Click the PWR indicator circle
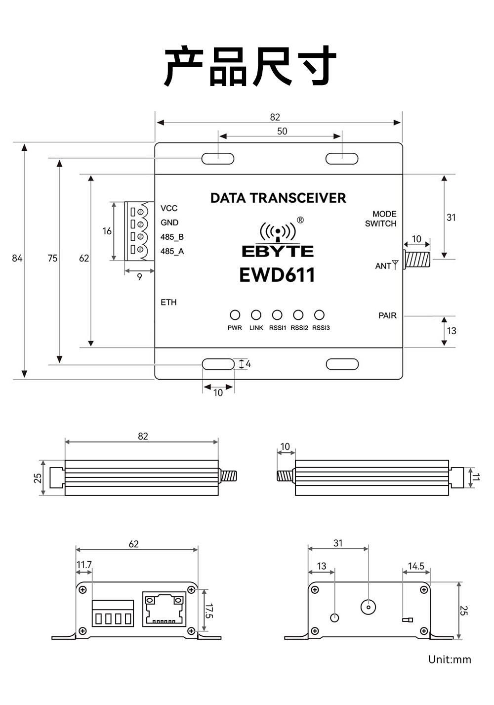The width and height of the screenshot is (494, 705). point(235,315)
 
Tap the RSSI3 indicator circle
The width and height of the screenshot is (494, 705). point(319,315)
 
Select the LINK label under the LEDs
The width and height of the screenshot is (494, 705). point(256,328)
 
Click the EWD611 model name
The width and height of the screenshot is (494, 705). point(277,275)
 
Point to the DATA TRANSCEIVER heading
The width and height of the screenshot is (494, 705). point(278,198)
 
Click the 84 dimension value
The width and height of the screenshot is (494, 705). point(17,258)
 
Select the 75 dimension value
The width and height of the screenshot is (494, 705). point(52,258)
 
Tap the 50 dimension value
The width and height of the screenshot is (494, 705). point(282,131)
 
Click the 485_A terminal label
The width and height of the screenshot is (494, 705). point(172,251)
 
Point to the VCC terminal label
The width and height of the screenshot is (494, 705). point(169,208)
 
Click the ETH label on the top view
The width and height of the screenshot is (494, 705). point(168,302)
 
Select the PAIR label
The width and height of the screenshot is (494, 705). point(387,315)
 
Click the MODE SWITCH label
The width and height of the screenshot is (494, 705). point(381,219)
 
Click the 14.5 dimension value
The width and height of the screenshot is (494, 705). point(416,566)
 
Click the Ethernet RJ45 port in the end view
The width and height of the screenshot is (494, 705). point(164,609)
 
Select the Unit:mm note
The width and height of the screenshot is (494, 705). point(450,660)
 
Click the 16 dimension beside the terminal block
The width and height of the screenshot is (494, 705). point(107,231)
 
